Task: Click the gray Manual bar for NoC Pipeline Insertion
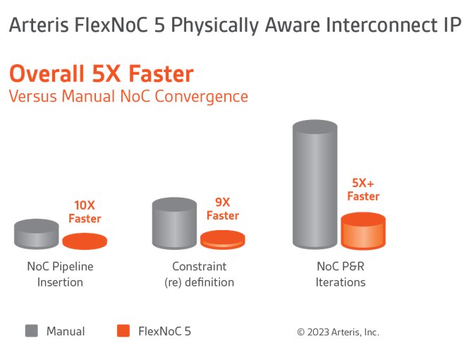tap(37, 234)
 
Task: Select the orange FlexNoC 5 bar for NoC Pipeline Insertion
tap(85, 241)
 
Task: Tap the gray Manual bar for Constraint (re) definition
tap(174, 223)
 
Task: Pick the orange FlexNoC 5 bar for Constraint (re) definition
tap(223, 240)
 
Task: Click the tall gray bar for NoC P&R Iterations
tap(315, 184)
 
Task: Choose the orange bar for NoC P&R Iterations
tap(363, 231)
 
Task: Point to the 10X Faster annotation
tap(85, 212)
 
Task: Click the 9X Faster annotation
tap(223, 209)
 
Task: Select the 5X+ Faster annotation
tap(363, 189)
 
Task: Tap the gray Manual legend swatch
tap(32, 330)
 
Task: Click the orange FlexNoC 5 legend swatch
tap(123, 330)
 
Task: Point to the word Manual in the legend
tap(66, 331)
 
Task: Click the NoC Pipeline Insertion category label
tap(60, 274)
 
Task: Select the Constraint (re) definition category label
tap(199, 274)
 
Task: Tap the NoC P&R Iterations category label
tap(341, 274)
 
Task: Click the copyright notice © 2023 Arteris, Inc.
tap(338, 332)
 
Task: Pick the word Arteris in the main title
tap(39, 25)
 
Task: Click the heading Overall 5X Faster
tap(102, 73)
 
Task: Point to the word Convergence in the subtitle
tap(201, 97)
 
